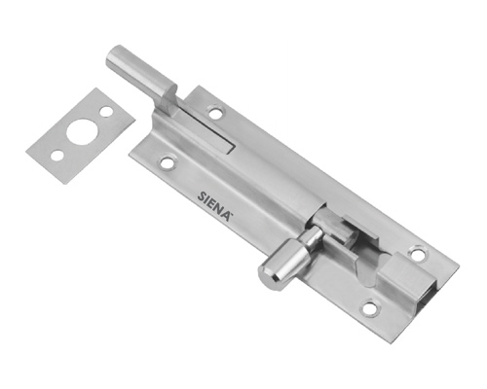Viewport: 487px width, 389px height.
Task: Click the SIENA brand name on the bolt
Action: pyautogui.click(x=214, y=206)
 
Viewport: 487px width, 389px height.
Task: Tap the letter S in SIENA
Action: pyautogui.click(x=202, y=196)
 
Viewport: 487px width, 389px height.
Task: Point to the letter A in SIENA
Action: pyautogui.click(x=227, y=216)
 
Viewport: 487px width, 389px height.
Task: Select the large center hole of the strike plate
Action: pyautogui.click(x=79, y=131)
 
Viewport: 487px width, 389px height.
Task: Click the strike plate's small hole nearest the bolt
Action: pyautogui.click(x=106, y=112)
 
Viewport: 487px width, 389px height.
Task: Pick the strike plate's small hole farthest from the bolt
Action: pyautogui.click(x=57, y=156)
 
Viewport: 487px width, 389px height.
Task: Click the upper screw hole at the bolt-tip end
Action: pyautogui.click(x=215, y=113)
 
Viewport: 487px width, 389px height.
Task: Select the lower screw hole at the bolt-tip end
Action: pyautogui.click(x=169, y=162)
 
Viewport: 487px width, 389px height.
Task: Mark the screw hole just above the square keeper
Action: pyautogui.click(x=417, y=254)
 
